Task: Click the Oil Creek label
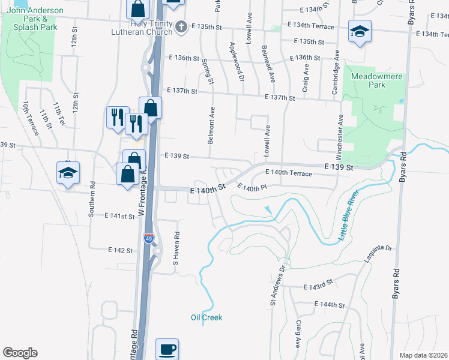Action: [206, 317]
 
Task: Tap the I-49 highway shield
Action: [149, 239]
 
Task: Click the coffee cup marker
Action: [167, 349]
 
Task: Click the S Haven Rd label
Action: [176, 248]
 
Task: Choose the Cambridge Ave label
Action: [336, 72]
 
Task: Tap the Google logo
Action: [20, 353]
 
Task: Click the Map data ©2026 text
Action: [423, 355]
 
